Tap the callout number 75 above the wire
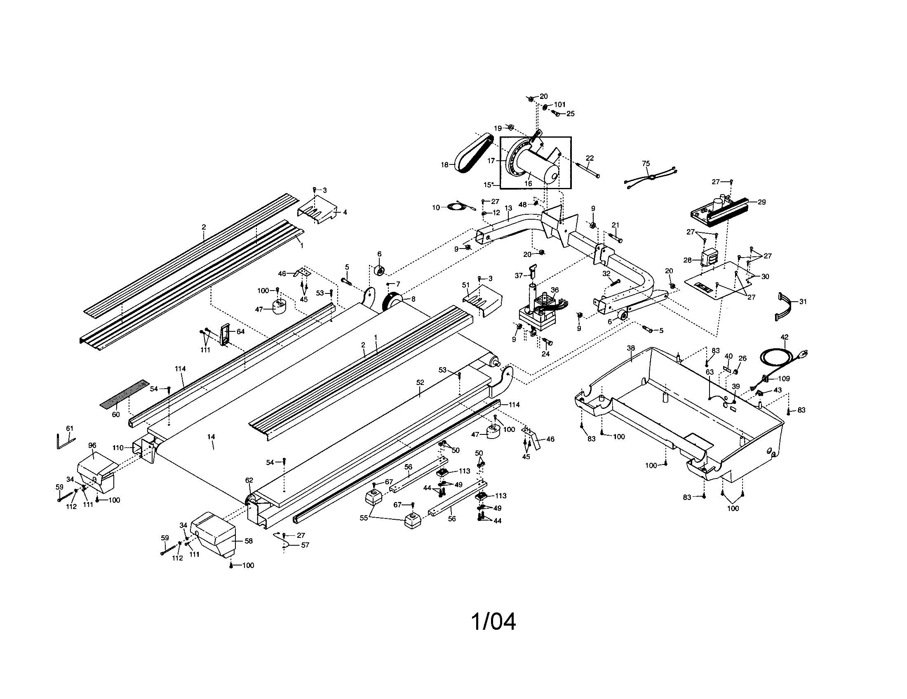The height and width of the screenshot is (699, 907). (646, 164)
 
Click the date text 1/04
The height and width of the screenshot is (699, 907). (493, 622)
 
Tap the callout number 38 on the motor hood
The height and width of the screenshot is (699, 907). (631, 348)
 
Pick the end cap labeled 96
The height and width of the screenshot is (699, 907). (96, 469)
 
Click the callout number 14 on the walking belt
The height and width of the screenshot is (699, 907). (211, 436)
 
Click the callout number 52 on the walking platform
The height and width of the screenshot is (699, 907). (420, 382)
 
